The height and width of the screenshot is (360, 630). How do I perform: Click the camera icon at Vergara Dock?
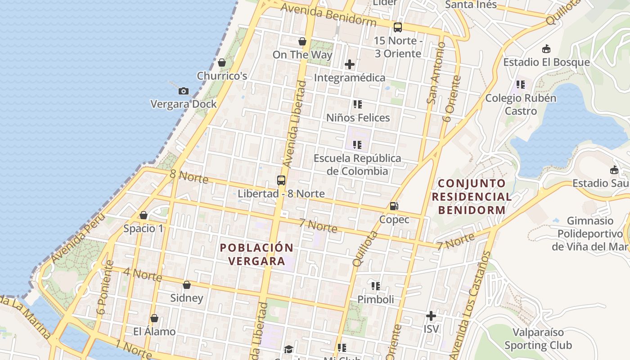[x=183, y=91]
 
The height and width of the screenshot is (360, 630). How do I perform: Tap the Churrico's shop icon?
[x=221, y=63]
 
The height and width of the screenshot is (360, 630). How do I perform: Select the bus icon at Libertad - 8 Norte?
[x=281, y=180]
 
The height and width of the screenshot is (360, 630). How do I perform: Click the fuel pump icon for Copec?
[x=394, y=206]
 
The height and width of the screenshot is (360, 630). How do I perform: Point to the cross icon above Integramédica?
[x=350, y=64]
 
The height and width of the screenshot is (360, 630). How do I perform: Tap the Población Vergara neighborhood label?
[x=256, y=254]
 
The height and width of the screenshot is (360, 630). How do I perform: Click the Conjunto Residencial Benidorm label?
[x=472, y=197]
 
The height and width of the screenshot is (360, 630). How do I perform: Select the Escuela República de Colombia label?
[x=357, y=165]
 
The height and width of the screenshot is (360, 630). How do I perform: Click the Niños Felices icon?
[x=358, y=105]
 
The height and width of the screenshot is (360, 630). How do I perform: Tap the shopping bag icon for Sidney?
[x=187, y=285]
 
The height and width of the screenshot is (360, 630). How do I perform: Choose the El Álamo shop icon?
[x=154, y=319]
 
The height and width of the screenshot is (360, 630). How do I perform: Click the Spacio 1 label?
[x=144, y=229]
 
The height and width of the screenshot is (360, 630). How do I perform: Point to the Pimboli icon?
[x=376, y=286]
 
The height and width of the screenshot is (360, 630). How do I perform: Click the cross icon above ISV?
[x=431, y=316]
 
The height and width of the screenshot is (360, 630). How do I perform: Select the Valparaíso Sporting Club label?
[x=538, y=339]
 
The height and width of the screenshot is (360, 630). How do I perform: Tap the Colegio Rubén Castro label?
[x=521, y=104]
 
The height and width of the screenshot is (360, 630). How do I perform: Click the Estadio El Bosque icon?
[x=546, y=49]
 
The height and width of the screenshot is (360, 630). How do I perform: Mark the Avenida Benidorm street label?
[x=328, y=14]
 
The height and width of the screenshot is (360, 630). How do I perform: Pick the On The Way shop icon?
[x=302, y=42]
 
